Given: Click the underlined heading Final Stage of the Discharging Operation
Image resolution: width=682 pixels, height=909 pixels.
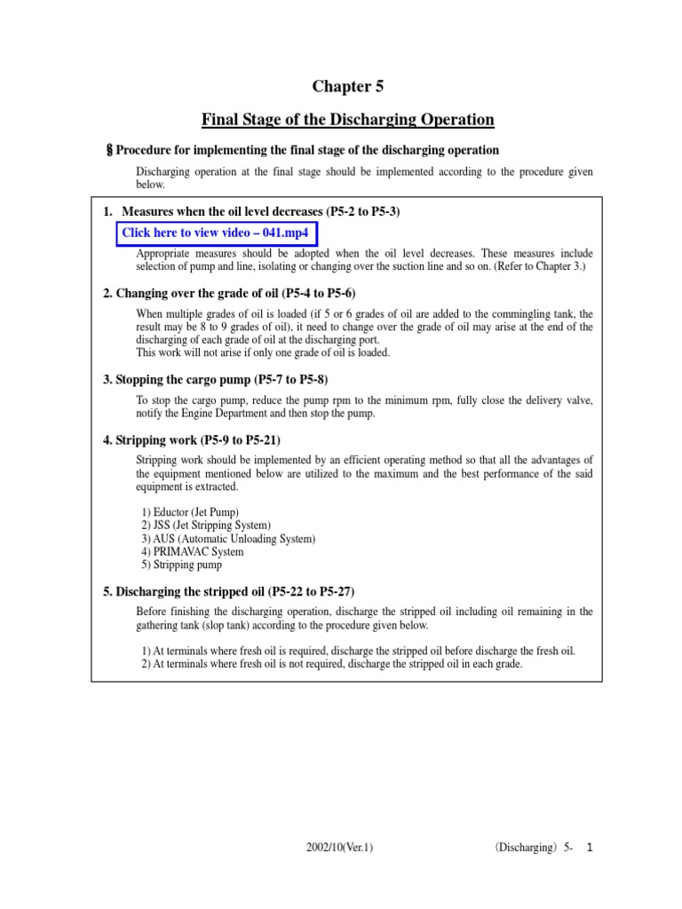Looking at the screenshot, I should [x=348, y=120].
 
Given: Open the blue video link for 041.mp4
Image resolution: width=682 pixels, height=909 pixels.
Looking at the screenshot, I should [x=217, y=233].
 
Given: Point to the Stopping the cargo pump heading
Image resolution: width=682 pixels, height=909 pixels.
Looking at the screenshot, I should [x=216, y=380].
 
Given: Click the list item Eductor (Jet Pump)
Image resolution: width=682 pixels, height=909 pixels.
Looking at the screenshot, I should [x=190, y=513].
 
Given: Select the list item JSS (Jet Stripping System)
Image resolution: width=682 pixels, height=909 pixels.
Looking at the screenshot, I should [x=206, y=526].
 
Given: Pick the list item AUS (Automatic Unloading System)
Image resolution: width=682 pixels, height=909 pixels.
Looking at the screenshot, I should [x=228, y=539].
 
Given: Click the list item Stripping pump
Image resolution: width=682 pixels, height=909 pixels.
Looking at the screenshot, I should [x=182, y=564].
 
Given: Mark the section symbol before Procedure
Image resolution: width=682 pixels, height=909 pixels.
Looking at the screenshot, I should [x=110, y=151].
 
